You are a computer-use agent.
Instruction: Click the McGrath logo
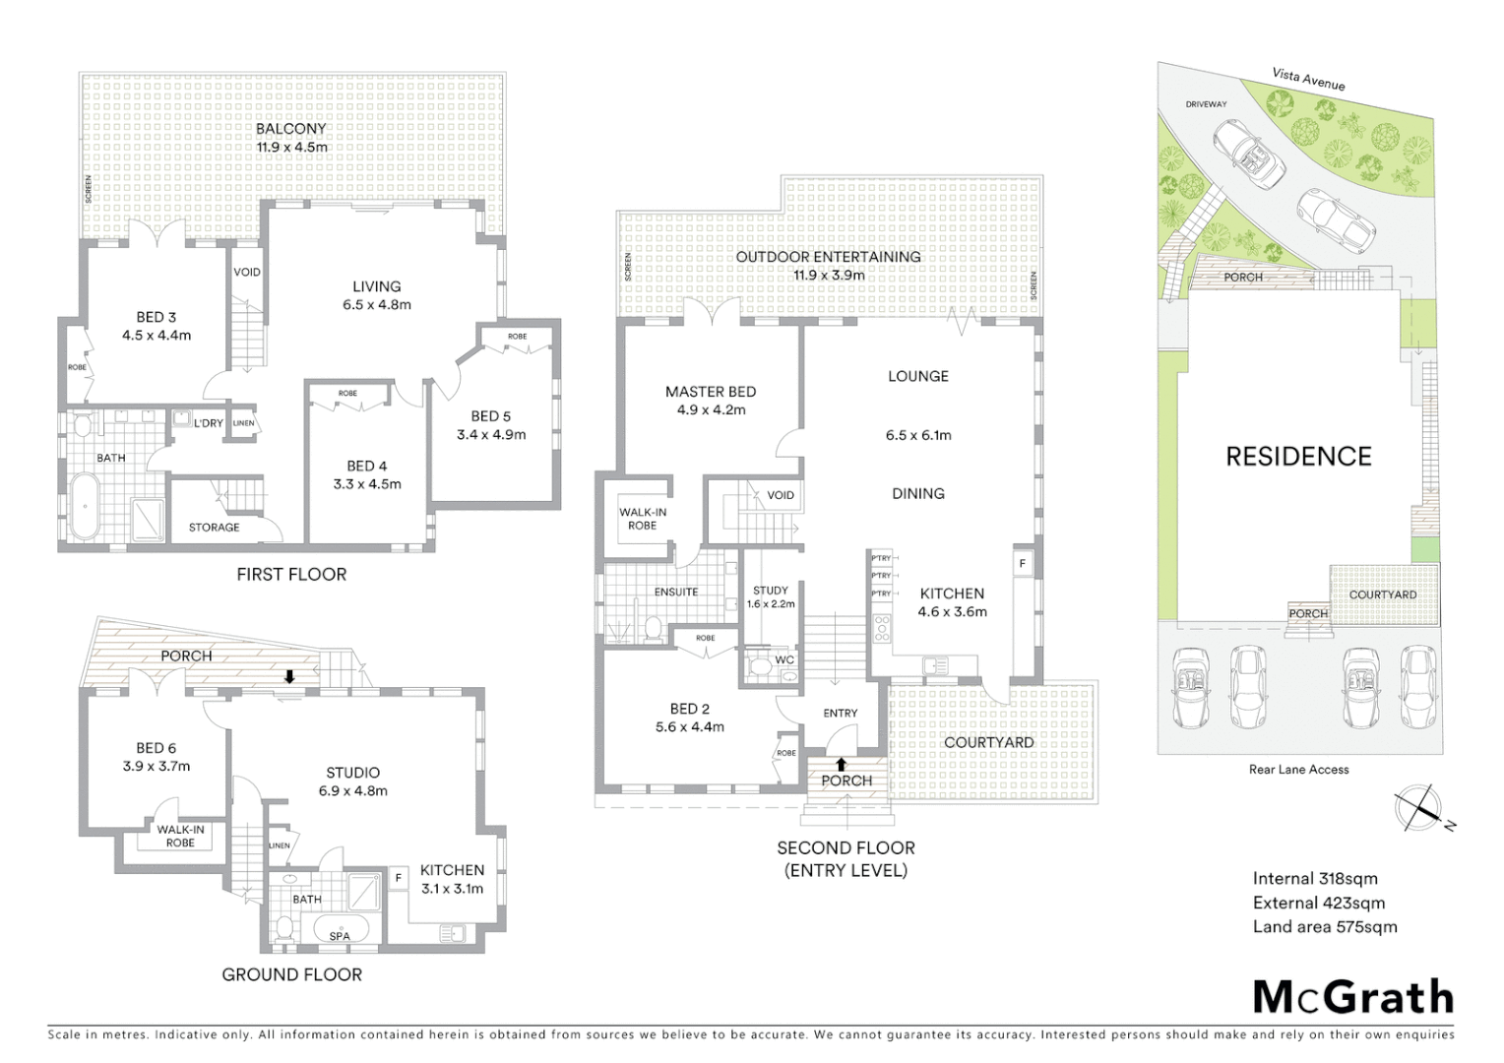coord(1353,997)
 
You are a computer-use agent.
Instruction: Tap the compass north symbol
coord(1418,808)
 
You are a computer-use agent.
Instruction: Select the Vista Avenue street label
coord(1308,79)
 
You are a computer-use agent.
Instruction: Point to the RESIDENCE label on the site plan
coord(1298,457)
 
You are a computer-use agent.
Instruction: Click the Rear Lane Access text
coord(1298,770)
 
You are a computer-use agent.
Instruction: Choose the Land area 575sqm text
coord(1325,926)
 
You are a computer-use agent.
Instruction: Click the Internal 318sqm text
coord(1315,879)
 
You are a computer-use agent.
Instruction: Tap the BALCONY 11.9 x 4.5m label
coord(291,138)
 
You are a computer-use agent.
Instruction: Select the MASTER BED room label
coord(711,401)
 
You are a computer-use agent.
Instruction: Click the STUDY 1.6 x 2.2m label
coord(771,597)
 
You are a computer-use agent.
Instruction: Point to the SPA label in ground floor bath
coord(340,936)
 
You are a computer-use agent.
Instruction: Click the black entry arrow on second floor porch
coord(841,763)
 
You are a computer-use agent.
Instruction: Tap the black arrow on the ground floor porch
coord(289,676)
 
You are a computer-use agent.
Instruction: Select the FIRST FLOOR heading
coord(291,574)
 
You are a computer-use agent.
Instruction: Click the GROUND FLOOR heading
coord(291,974)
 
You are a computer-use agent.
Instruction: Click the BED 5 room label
coord(491,425)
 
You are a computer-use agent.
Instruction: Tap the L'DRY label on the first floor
coord(208,423)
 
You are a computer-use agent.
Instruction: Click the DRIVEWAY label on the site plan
coord(1206,104)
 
